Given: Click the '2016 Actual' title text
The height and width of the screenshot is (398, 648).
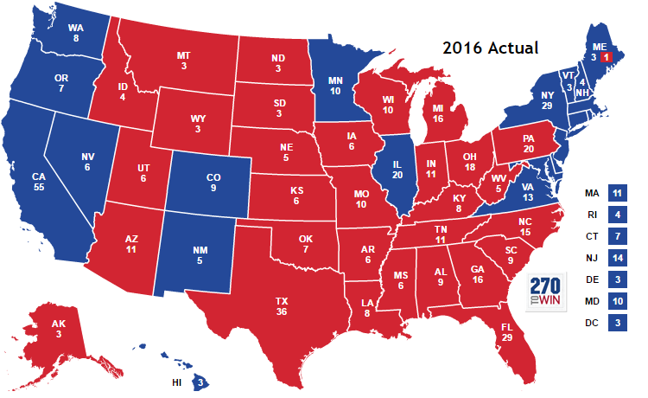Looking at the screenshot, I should (x=490, y=47).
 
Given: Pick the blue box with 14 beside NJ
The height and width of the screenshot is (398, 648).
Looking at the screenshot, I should (x=617, y=257).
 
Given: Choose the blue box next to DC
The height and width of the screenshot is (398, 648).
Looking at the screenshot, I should (x=617, y=323).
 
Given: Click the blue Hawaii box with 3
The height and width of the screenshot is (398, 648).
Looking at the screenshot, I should (x=200, y=381).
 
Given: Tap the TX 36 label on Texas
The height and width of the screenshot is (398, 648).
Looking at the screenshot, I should (x=282, y=306).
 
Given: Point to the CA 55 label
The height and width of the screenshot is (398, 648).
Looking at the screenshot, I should (x=38, y=183).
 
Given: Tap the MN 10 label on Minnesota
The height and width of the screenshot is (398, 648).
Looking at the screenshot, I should (x=336, y=85).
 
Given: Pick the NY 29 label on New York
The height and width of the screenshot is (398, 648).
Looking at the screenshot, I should (x=545, y=98).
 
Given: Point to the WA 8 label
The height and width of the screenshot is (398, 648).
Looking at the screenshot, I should (x=76, y=33).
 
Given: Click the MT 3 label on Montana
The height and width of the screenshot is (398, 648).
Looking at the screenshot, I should (x=183, y=61).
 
